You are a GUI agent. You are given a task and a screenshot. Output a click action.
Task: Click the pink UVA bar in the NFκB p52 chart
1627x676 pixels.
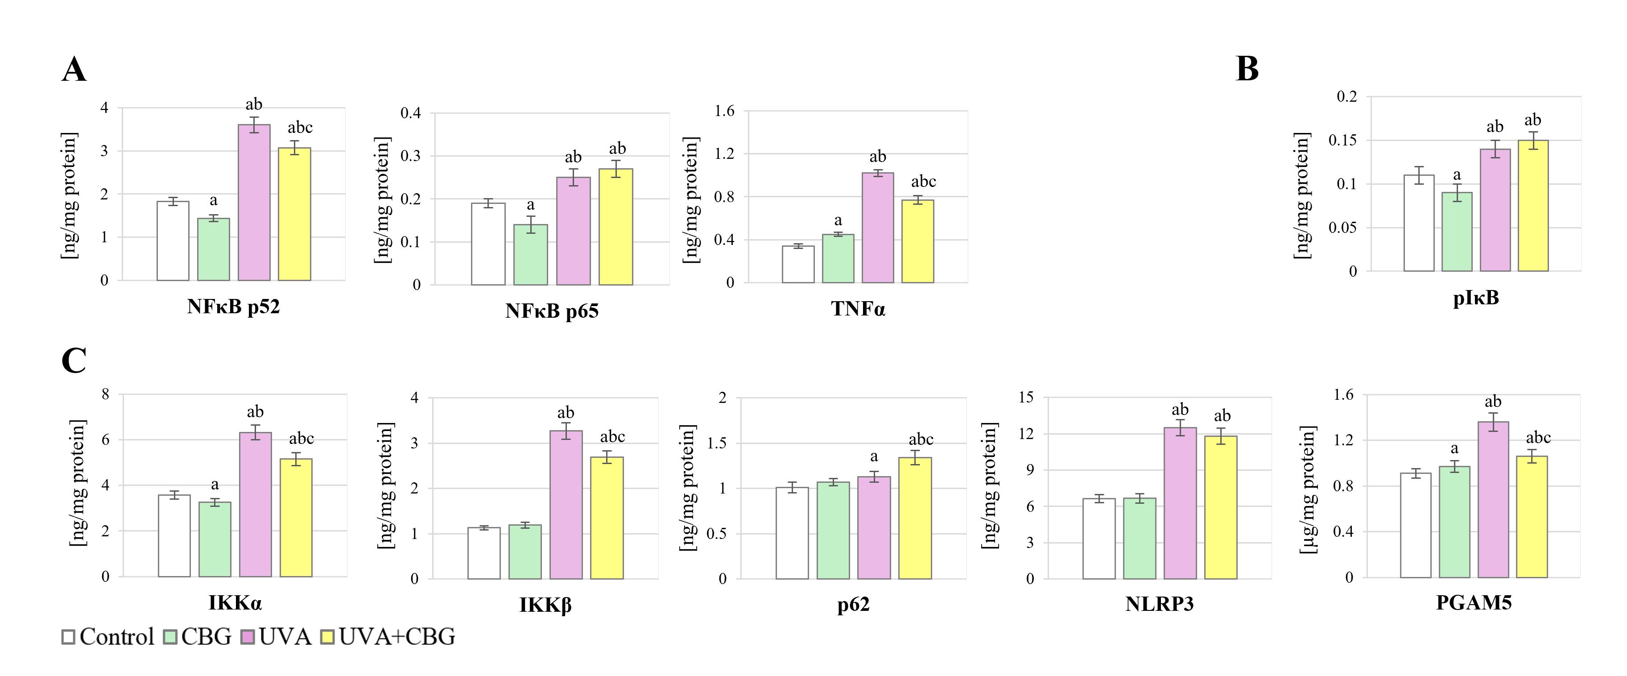pyautogui.click(x=254, y=202)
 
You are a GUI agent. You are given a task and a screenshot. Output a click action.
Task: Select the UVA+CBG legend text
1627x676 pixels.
pyautogui.click(x=396, y=637)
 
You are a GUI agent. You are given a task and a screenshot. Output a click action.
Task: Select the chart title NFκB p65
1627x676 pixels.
pyautogui.click(x=551, y=311)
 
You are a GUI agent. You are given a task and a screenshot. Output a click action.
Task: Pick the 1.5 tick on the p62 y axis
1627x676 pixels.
pyautogui.click(x=716, y=443)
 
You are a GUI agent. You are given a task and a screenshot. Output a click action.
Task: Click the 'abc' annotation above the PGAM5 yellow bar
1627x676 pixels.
pyautogui.click(x=1538, y=437)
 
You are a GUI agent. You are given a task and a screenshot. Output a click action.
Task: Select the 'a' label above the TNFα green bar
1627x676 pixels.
pyautogui.click(x=838, y=220)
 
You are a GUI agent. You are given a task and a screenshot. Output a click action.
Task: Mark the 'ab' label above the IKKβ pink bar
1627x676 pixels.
pyautogui.click(x=565, y=413)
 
